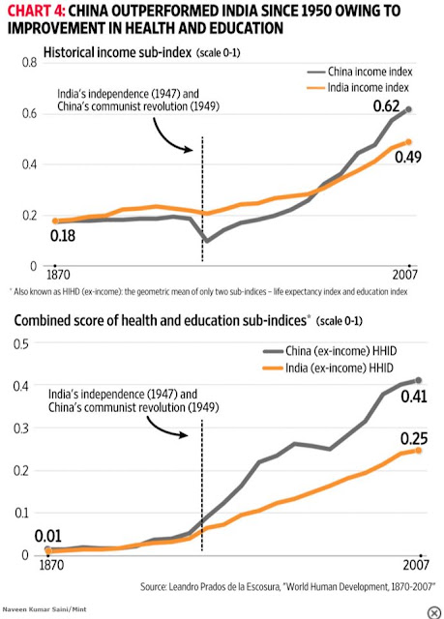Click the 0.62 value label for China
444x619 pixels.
(x=386, y=106)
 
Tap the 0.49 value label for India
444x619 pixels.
(x=408, y=157)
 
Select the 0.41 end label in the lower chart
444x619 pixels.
(x=414, y=397)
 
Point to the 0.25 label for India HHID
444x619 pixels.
(x=414, y=438)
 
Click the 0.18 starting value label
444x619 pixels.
(x=63, y=236)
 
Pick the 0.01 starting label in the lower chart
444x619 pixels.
(x=47, y=536)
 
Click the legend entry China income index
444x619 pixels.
(x=360, y=72)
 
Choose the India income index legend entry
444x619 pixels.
(x=358, y=87)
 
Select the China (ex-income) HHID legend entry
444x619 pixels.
(x=330, y=350)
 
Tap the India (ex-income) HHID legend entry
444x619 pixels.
(x=328, y=368)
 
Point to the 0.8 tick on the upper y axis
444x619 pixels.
(x=29, y=62)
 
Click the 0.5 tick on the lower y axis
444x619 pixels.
(x=21, y=343)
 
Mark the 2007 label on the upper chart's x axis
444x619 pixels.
(x=404, y=275)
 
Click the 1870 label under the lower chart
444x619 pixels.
(x=51, y=565)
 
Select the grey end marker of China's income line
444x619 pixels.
(x=408, y=109)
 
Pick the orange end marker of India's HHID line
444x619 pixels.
(x=418, y=451)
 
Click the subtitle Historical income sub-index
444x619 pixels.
(x=117, y=52)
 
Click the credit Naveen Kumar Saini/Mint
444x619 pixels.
(x=44, y=609)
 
